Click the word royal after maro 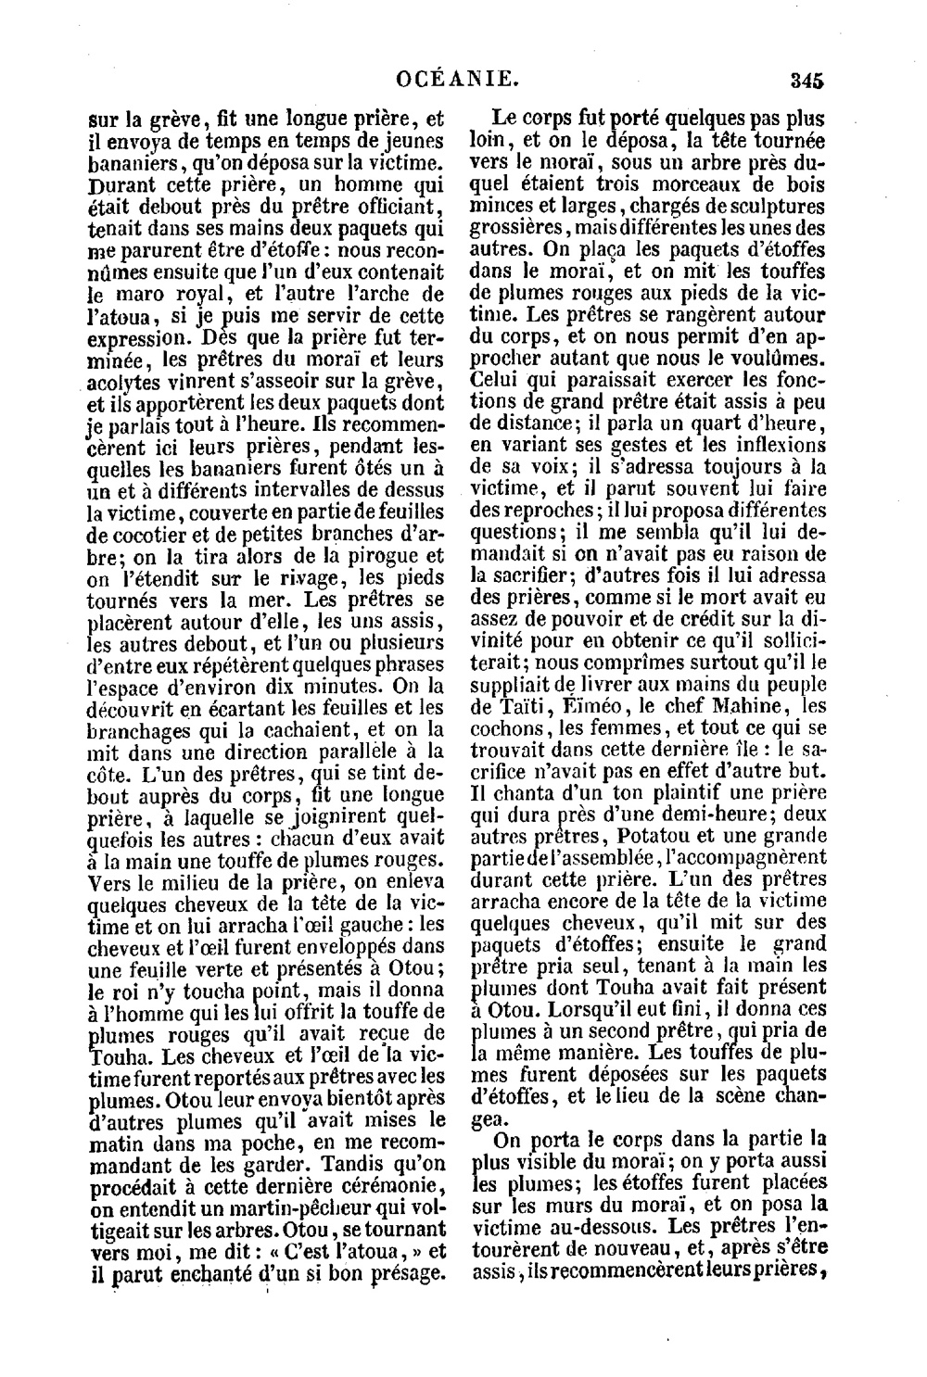[x=200, y=296]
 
